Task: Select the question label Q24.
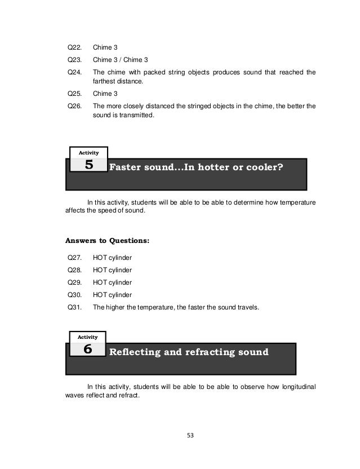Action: tap(74, 72)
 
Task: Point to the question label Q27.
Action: tap(74, 258)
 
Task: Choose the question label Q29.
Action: tap(74, 282)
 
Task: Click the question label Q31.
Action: tap(74, 307)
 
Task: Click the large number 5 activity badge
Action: tap(88, 165)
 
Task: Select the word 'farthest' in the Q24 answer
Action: tap(105, 82)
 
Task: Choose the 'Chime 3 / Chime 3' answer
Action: tap(122, 59)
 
